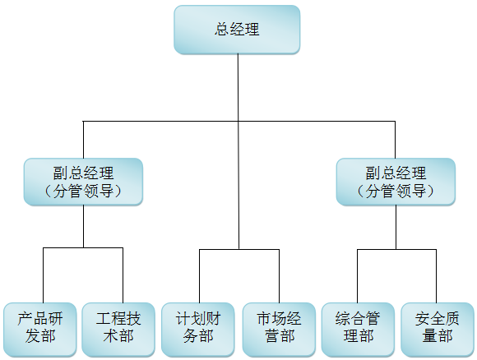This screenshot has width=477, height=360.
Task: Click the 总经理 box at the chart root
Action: click(x=237, y=30)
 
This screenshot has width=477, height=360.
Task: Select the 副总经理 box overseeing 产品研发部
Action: click(x=83, y=182)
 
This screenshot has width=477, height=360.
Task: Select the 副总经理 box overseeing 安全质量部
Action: click(x=396, y=182)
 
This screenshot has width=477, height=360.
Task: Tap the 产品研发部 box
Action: click(x=39, y=330)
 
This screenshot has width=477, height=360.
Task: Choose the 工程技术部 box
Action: click(x=118, y=330)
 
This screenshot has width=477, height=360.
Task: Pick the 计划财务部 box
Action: click(x=197, y=330)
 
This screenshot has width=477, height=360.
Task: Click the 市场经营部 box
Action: click(x=279, y=330)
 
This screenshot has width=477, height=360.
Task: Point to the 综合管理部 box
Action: click(x=358, y=330)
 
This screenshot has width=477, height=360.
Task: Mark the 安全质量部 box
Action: click(x=438, y=330)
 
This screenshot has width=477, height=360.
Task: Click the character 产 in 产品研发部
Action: click(x=25, y=319)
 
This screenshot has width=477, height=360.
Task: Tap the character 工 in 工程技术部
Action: click(x=104, y=319)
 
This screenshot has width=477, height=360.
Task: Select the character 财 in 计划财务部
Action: click(x=213, y=319)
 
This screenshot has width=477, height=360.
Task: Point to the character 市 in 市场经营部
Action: click(x=264, y=319)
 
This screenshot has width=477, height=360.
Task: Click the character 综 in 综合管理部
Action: click(x=343, y=319)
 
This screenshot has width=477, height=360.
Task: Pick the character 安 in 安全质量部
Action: click(x=422, y=319)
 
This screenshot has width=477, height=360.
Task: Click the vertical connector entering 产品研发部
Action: click(x=44, y=275)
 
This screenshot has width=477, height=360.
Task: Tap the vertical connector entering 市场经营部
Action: click(x=280, y=276)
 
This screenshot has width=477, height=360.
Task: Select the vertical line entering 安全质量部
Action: click(x=436, y=276)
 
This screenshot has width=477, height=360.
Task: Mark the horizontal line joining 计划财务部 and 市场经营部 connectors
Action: click(x=239, y=250)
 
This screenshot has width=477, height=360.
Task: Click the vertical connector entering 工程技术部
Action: click(x=123, y=275)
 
